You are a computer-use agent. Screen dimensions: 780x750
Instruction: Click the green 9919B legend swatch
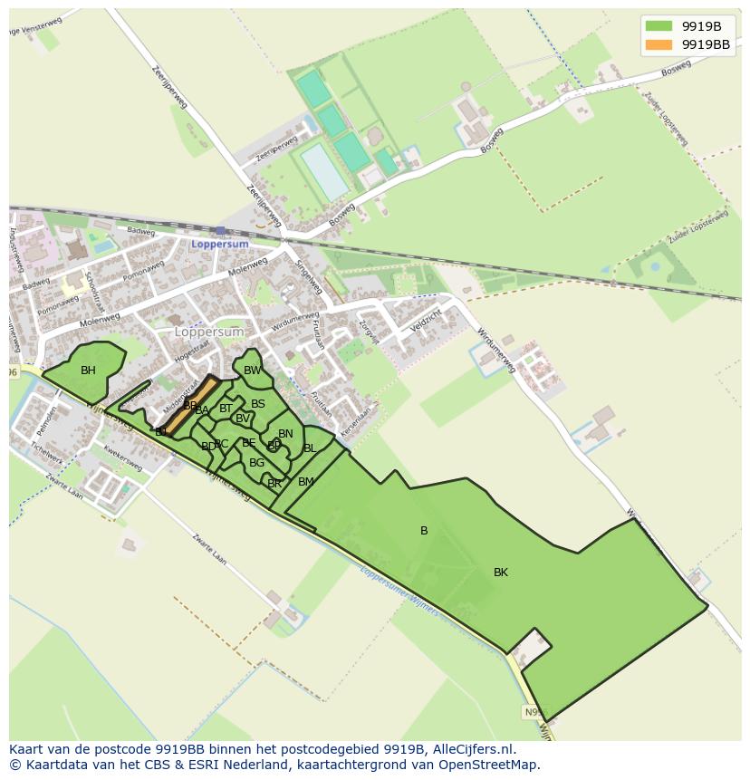[659, 26]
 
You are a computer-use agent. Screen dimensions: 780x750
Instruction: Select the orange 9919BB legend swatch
[659, 44]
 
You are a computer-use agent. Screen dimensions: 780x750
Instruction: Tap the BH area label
[88, 371]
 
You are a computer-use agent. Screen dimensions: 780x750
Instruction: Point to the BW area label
[252, 371]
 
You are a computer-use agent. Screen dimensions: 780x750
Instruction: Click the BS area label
[258, 404]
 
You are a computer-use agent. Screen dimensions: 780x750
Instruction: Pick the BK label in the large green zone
[501, 573]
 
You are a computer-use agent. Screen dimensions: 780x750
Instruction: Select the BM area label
[306, 482]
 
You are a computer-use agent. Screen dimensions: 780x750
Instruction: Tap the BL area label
[310, 448]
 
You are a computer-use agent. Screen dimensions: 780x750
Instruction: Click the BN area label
[285, 434]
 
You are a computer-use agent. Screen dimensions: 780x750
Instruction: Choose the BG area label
[256, 463]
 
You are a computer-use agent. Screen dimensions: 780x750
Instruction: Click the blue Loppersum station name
[218, 244]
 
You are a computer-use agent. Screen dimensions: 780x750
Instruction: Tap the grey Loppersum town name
[209, 332]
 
